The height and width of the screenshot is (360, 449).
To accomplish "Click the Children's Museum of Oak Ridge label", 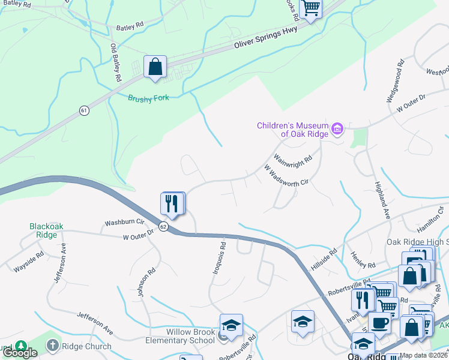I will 293,130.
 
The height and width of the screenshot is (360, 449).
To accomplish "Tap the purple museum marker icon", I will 337,129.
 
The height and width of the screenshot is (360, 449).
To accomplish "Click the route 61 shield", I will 84,110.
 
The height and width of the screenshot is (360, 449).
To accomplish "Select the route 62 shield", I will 163,226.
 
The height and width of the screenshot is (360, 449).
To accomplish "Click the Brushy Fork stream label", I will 148,98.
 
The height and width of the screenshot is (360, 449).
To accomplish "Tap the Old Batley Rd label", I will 115,62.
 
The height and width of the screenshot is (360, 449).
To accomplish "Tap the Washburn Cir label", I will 125,222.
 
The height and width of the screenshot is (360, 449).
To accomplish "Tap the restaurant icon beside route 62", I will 172,204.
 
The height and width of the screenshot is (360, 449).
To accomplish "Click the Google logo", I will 20,353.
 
